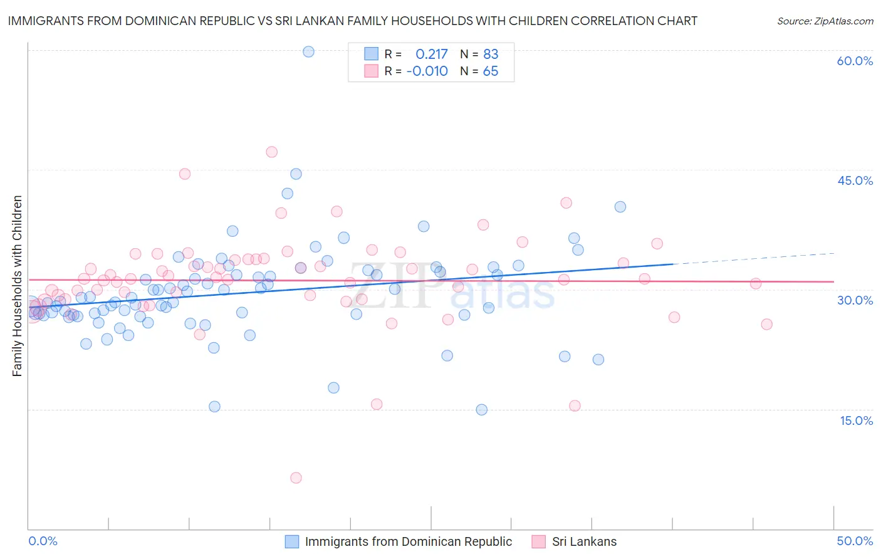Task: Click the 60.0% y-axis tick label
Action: coord(855,61)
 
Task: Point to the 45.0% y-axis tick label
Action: coord(855,180)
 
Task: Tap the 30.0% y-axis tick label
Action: coord(855,300)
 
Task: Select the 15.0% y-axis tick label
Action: coord(856,421)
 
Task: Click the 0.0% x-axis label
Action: coord(43,541)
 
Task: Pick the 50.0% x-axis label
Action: coord(855,541)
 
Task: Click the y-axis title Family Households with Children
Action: coord(17,286)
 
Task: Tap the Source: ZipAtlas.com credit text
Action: coord(825,21)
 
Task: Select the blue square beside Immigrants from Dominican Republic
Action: coord(292,541)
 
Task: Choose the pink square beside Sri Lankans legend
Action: coord(538,541)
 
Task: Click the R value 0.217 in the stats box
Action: coord(432,55)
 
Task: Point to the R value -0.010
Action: coord(427,71)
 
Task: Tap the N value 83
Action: coord(491,55)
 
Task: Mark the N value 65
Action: coord(491,71)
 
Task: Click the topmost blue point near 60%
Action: coord(308,51)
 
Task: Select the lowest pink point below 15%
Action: coord(296,478)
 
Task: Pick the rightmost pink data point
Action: coord(766,324)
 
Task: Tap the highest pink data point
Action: coord(271,152)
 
